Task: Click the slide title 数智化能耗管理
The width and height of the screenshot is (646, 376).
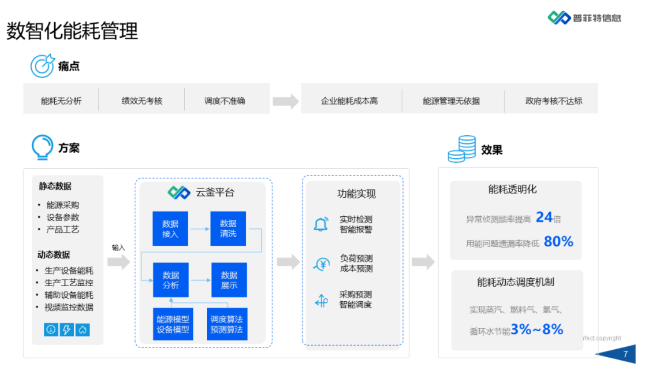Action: [72, 31]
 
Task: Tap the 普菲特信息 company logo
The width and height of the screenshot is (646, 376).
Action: [584, 18]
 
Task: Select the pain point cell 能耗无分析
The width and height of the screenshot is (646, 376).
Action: [61, 101]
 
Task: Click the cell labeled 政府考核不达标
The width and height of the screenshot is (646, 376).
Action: [553, 101]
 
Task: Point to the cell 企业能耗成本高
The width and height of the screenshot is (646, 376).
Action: [349, 101]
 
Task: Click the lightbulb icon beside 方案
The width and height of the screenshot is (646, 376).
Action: [42, 147]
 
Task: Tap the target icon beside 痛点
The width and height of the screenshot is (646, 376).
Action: [42, 66]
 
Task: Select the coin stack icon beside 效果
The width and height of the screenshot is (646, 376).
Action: [462, 149]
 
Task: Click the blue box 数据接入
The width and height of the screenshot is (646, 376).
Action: [170, 229]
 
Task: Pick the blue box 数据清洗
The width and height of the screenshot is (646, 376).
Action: [228, 229]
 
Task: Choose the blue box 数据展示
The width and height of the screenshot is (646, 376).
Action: [229, 280]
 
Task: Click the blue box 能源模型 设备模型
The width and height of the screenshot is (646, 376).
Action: [173, 324]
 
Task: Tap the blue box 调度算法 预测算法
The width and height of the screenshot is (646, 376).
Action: [227, 324]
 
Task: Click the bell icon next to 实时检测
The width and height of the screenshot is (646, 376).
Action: [321, 224]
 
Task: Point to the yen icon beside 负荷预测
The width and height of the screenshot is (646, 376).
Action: [322, 264]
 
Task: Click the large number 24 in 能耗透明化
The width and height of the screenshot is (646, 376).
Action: [544, 217]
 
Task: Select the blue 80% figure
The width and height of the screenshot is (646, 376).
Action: [558, 241]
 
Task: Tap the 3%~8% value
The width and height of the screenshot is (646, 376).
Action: [537, 329]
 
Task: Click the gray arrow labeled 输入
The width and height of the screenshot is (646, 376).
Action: [119, 262]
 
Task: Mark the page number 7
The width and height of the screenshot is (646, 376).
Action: [625, 354]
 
